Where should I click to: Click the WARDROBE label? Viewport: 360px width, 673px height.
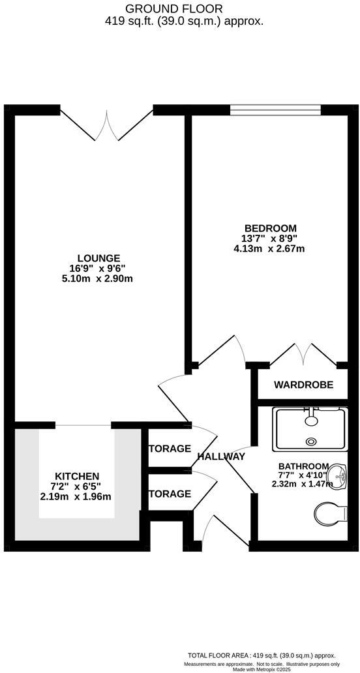pos(303,385)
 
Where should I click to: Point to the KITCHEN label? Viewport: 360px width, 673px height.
pos(77,476)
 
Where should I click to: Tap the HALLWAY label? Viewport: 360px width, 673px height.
pos(221,456)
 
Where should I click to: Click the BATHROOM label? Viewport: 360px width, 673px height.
pos(303,466)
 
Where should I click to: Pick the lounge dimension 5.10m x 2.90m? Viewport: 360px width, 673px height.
pos(98,278)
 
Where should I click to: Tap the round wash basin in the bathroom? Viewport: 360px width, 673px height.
pos(337,474)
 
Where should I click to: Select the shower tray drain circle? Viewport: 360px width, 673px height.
pos(311,441)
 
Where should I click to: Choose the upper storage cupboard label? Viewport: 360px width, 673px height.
pos(170,449)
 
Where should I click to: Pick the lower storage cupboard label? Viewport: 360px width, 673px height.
pos(170,494)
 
